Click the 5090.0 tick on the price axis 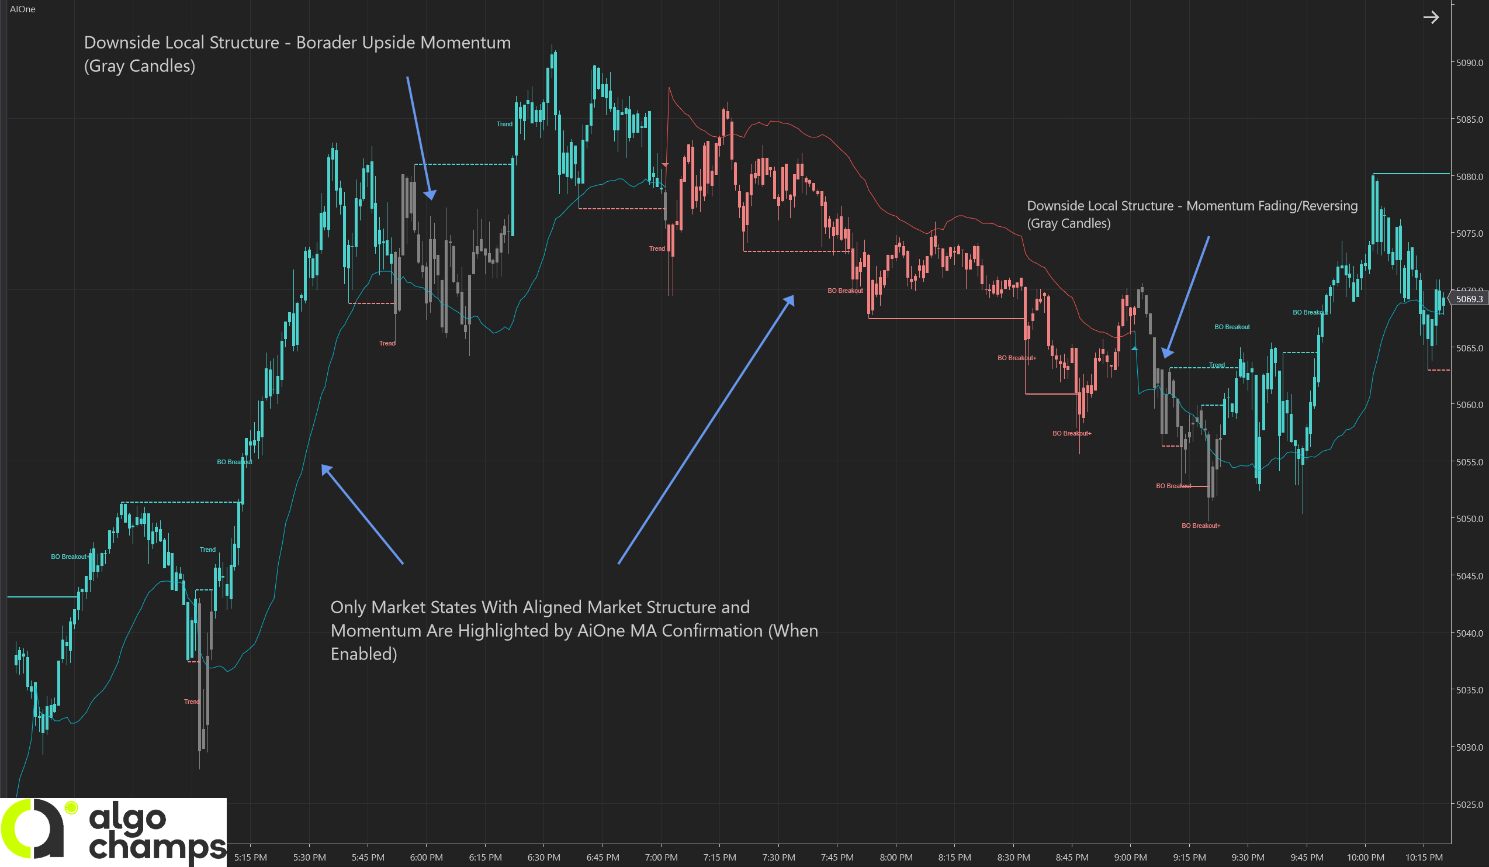[x=1469, y=63]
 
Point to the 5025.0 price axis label [x=1469, y=804]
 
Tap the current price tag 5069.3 [x=1469, y=299]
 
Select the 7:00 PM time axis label [x=661, y=857]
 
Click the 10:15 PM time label [x=1424, y=857]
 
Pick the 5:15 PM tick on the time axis [x=251, y=857]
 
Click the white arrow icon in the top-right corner [x=1431, y=17]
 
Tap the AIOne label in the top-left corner [x=22, y=9]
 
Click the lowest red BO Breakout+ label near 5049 [x=1201, y=526]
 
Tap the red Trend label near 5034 [x=192, y=702]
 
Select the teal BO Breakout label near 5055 [x=234, y=462]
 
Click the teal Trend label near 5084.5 [x=504, y=124]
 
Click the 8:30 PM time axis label [x=1013, y=857]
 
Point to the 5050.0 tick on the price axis [x=1469, y=519]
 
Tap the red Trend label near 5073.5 [x=656, y=248]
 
